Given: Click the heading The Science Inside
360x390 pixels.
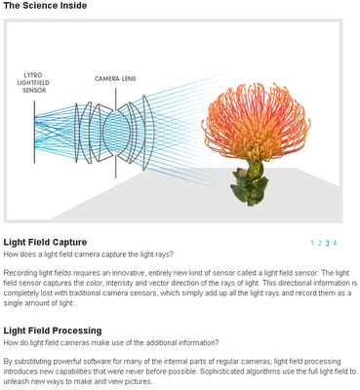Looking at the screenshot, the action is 45,6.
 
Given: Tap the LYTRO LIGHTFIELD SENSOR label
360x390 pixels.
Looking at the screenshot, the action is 33,83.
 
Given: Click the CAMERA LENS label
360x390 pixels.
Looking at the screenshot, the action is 115,79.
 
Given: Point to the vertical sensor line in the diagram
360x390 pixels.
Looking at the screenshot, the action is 34,132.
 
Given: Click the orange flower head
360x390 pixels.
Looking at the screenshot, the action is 256,121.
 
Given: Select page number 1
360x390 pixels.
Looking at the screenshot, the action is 312,243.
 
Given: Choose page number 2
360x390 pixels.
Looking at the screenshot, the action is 320,243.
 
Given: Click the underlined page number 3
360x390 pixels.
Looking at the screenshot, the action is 328,243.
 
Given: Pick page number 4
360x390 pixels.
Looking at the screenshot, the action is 335,243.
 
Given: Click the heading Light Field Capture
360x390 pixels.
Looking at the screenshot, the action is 45,242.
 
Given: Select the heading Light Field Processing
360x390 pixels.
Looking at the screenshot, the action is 53,331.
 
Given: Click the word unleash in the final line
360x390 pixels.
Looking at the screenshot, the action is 14,381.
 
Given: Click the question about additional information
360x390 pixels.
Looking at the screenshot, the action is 111,342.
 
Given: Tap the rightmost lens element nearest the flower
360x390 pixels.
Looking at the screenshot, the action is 148,133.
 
